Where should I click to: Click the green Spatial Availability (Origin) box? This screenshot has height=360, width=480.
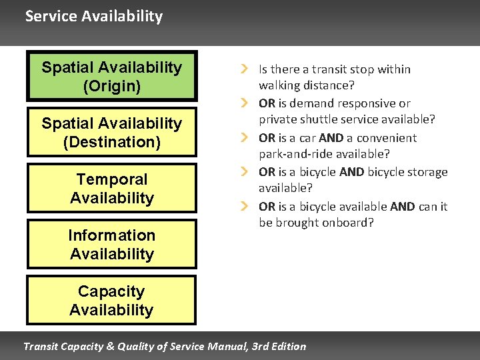[x=111, y=76]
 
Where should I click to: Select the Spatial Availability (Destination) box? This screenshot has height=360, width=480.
[x=111, y=132]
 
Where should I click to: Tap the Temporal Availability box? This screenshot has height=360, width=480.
[x=111, y=188]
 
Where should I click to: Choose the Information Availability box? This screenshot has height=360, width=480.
[x=111, y=244]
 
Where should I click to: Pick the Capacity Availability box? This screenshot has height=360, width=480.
[x=111, y=300]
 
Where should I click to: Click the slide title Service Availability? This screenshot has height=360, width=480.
[x=93, y=17]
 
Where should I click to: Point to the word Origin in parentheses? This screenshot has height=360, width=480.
[x=111, y=86]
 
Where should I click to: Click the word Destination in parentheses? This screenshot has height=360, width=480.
[x=111, y=142]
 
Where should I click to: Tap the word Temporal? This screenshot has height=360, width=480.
[x=112, y=179]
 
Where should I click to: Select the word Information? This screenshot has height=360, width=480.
[x=111, y=235]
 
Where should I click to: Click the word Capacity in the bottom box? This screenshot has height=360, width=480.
[x=111, y=291]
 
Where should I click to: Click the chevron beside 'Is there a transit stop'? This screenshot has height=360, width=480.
[x=245, y=69]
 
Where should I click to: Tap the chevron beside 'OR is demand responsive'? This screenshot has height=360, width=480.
[x=245, y=103]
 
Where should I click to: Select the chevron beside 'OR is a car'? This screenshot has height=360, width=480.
[x=245, y=138]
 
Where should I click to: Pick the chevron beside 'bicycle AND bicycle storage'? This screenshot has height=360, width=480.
[x=245, y=172]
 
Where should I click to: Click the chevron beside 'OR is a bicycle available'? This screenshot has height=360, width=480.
[x=245, y=207]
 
